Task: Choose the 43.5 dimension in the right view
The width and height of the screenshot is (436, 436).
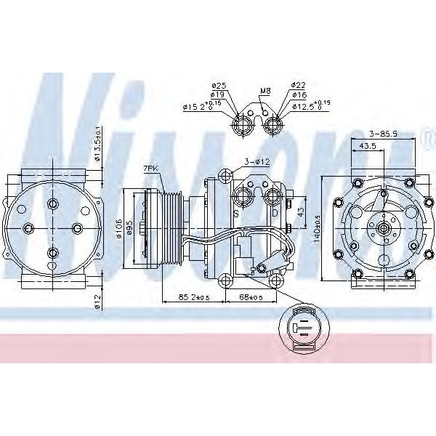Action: click(x=368, y=146)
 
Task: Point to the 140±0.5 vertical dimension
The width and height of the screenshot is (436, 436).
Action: click(x=317, y=227)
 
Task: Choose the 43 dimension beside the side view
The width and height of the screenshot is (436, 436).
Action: click(x=301, y=211)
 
